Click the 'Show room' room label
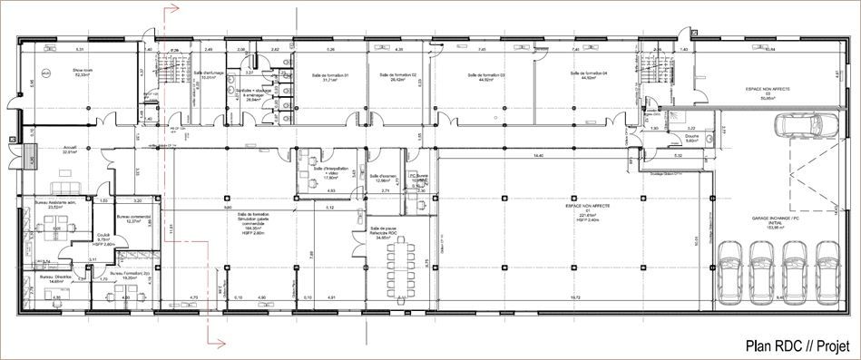click(x=84, y=71)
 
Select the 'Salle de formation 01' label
click(x=324, y=77)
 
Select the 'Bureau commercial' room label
click(x=134, y=219)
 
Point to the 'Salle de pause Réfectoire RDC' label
click(x=387, y=233)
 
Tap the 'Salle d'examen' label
click(x=386, y=178)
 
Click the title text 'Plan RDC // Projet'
click(x=795, y=345)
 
